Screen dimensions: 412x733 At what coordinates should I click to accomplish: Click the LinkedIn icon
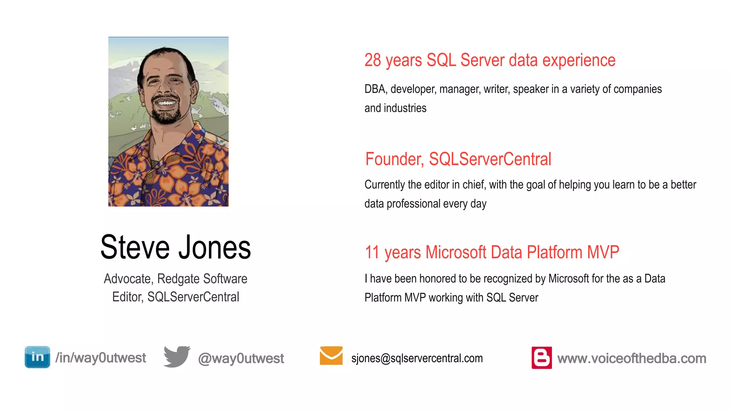(37, 357)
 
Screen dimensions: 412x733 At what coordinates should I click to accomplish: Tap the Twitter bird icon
(177, 357)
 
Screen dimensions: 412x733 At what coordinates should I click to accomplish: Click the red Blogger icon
(542, 358)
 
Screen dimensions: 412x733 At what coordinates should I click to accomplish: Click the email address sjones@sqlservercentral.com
(417, 358)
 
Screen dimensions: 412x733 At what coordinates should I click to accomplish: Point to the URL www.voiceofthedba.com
(632, 358)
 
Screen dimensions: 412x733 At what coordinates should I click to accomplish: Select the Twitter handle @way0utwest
(241, 358)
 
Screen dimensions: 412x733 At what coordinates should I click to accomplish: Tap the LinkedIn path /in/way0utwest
(101, 358)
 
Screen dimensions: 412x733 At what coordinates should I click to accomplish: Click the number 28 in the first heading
(373, 60)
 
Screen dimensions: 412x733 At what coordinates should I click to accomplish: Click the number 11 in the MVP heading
(372, 252)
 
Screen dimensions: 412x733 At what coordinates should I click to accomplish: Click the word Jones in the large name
(215, 247)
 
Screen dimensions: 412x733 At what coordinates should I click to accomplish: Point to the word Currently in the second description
(384, 185)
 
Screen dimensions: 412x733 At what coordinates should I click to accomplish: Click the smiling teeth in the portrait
(166, 103)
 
